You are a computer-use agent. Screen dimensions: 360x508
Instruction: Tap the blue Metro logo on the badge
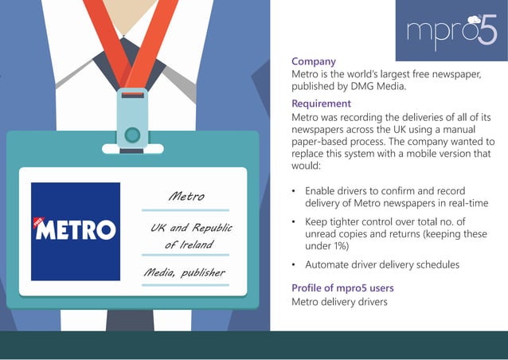[76, 231]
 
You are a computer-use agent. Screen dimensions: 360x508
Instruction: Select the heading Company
[313, 61]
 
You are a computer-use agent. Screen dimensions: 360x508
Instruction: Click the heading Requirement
[321, 104]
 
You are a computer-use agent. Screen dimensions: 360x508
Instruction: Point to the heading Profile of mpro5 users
[342, 288]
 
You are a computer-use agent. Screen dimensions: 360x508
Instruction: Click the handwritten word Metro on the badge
[186, 196]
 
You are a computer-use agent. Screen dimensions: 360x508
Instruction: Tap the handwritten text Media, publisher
[184, 273]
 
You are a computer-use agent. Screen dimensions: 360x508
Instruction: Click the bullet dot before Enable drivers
[295, 191]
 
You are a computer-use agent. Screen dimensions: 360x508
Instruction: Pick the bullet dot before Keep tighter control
[295, 221]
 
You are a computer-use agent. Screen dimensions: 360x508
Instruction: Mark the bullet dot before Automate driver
[295, 264]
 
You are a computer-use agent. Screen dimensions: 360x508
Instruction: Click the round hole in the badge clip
[132, 134]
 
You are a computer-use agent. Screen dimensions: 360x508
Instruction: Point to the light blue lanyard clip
[132, 119]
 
